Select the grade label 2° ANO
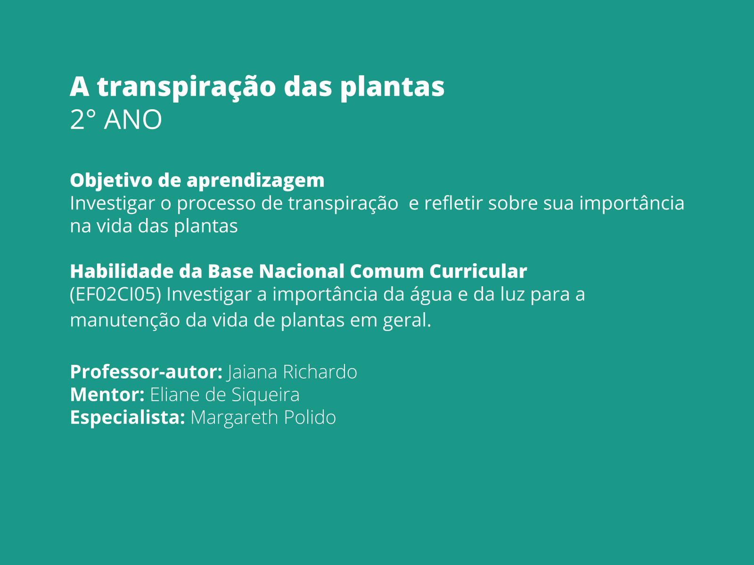[x=116, y=120]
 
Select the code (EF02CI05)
[x=115, y=295]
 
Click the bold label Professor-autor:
[x=146, y=372]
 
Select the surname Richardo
[x=320, y=372]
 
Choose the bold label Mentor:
[x=107, y=395]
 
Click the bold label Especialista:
[x=127, y=418]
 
